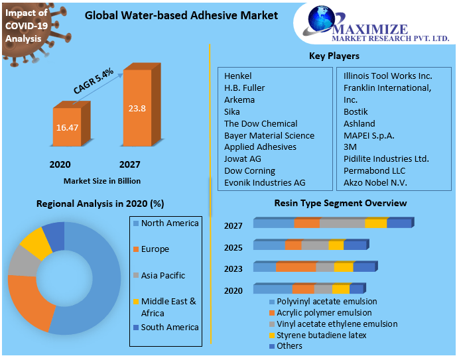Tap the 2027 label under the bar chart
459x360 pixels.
pyautogui.click(x=129, y=164)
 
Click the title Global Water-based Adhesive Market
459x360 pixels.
pyautogui.click(x=181, y=15)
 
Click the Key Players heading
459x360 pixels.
pyautogui.click(x=334, y=56)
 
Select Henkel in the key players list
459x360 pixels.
pyautogui.click(x=238, y=76)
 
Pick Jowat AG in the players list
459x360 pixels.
pyautogui.click(x=242, y=159)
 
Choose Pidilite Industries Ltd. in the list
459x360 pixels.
pyautogui.click(x=386, y=159)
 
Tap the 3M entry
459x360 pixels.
pyautogui.click(x=350, y=147)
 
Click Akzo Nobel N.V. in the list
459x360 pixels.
pyautogui.click(x=375, y=182)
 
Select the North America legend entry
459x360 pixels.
pyautogui.click(x=170, y=223)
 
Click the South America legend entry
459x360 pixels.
pyautogui.click(x=170, y=327)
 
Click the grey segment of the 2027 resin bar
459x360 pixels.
pyautogui.click(x=342, y=223)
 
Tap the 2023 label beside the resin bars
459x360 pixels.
pyautogui.click(x=233, y=270)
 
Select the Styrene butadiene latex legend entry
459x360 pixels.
pyautogui.click(x=321, y=335)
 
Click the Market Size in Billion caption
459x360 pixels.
pyautogui.click(x=102, y=180)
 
